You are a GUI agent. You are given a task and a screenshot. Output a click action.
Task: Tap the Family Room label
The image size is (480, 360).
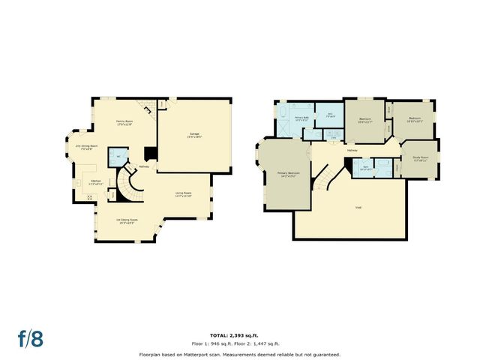[124, 123]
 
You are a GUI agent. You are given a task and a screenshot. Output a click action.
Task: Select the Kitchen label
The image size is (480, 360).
[96, 181]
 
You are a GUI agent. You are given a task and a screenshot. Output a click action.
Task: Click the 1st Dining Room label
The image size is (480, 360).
[125, 220]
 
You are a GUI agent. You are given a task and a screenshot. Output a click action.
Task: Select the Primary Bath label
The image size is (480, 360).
[301, 118]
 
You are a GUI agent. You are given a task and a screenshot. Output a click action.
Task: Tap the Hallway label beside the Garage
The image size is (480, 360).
[143, 166]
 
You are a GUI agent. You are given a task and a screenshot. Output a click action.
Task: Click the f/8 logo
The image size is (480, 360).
[31, 337]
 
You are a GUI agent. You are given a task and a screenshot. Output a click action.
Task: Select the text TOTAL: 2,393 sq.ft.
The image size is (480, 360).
[239, 335]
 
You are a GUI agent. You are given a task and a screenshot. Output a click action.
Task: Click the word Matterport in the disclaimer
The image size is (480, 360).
[201, 354]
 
